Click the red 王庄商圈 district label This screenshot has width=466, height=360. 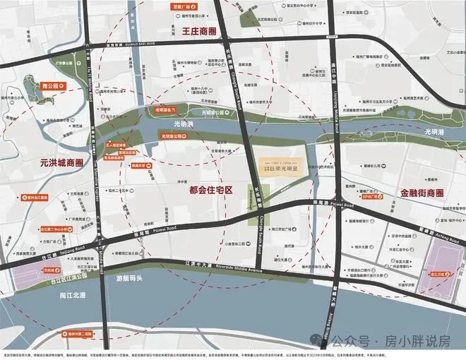tap(189, 31)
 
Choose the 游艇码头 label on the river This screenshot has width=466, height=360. tap(132, 280)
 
